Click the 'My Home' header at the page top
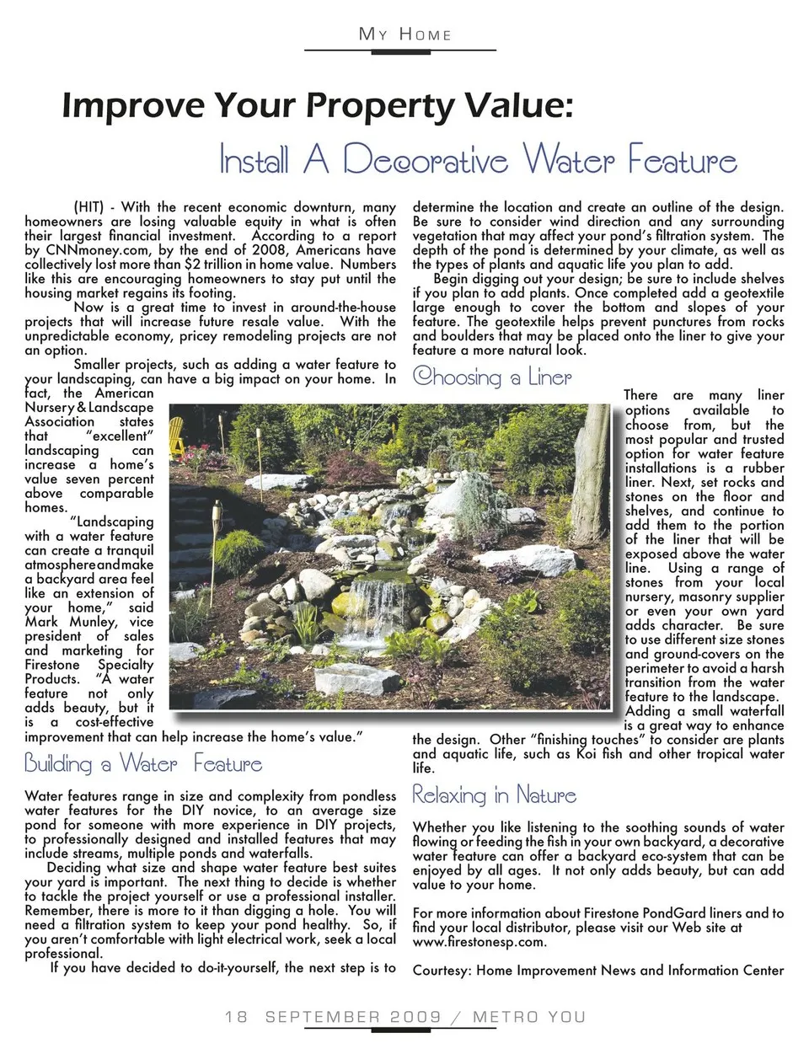404,35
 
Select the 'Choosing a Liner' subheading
492,377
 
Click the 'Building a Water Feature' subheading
143,764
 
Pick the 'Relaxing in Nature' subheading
494,795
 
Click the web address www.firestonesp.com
479,942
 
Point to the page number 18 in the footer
236,1017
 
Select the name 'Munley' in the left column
92,622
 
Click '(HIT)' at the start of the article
93,207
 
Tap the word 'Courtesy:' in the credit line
442,970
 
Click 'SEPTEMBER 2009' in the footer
353,1017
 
